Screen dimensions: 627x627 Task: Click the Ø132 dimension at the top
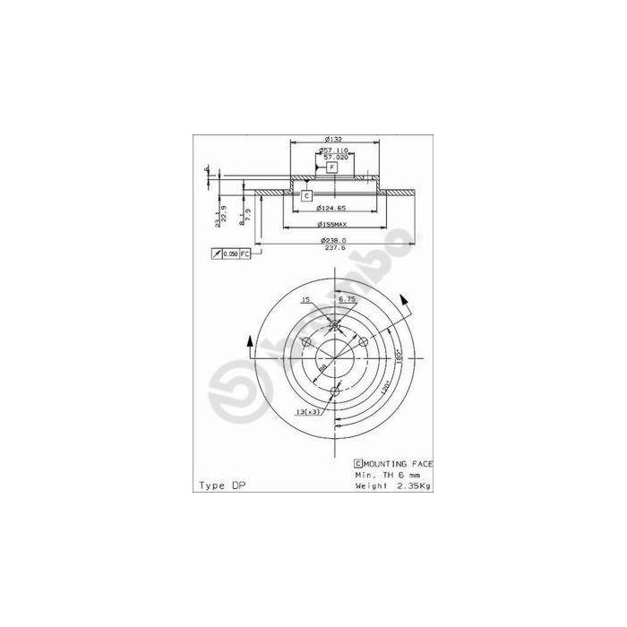point(331,139)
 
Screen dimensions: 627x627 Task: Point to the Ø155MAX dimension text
point(331,224)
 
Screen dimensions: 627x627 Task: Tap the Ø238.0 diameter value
point(334,241)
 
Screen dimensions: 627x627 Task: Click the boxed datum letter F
point(331,167)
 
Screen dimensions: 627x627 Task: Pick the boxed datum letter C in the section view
point(305,195)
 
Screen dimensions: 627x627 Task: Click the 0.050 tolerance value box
point(229,255)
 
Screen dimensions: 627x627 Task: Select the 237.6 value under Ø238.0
point(334,250)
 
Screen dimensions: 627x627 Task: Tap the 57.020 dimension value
point(336,157)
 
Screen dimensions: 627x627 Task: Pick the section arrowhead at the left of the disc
point(248,339)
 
